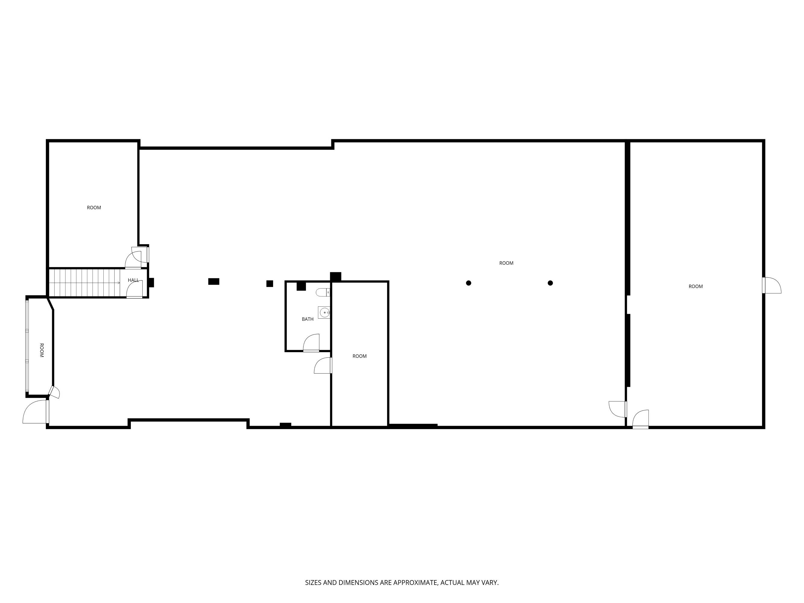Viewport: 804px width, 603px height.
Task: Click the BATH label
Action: click(x=307, y=319)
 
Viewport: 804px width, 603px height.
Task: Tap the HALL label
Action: click(x=133, y=280)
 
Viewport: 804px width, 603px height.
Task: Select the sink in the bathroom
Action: click(x=324, y=313)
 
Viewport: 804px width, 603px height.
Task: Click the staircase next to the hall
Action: click(x=85, y=283)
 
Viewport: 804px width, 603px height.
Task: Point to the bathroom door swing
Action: click(x=311, y=343)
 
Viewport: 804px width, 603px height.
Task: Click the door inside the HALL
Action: click(x=134, y=289)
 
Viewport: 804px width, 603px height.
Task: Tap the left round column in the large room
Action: click(x=468, y=283)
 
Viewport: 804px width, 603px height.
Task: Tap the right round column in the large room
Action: click(x=550, y=283)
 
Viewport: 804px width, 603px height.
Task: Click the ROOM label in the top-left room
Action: click(x=94, y=207)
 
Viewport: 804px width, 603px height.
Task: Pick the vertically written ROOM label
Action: click(x=41, y=350)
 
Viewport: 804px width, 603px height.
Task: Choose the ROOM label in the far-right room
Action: click(x=696, y=286)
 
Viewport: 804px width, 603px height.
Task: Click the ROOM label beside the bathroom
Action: click(x=359, y=356)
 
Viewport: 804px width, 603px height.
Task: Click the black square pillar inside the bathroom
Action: click(x=301, y=286)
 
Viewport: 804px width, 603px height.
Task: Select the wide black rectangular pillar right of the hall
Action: click(x=214, y=281)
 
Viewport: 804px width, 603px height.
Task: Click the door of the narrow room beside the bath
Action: click(x=323, y=365)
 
